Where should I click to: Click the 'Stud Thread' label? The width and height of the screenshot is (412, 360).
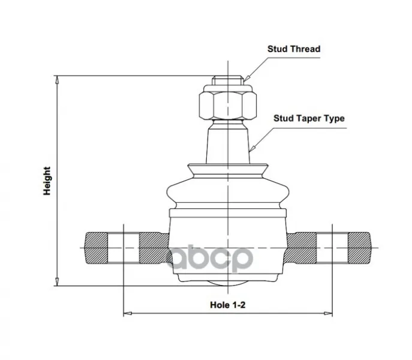(294, 49)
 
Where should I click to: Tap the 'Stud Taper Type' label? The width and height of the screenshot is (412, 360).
(309, 118)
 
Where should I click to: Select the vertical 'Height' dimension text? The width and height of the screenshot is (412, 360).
(47, 181)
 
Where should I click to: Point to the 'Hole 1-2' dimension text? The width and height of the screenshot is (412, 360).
(227, 305)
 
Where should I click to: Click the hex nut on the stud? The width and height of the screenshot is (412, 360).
(228, 106)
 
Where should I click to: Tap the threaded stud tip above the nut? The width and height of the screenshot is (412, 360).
(228, 80)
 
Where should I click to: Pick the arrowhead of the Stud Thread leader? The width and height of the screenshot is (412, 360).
(246, 79)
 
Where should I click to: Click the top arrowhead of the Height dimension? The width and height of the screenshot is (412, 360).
(57, 80)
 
